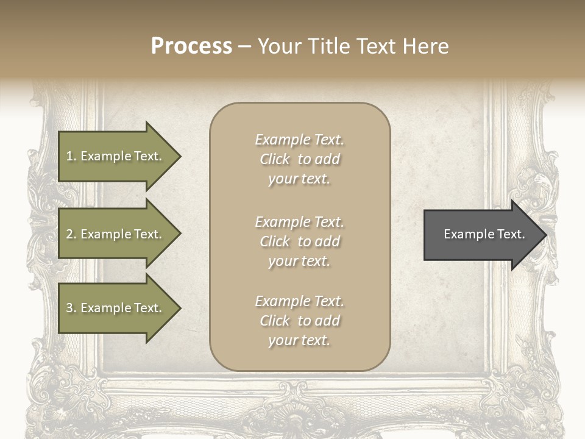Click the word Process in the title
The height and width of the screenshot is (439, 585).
tap(191, 46)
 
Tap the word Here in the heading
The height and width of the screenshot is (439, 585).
tap(425, 46)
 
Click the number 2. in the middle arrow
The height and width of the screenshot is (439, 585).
tap(71, 234)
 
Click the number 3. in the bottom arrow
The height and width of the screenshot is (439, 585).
tap(71, 308)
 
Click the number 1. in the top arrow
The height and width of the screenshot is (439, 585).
tap(71, 156)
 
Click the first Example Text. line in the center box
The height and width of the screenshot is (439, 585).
tap(299, 140)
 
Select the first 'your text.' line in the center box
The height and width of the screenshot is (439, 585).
tap(299, 179)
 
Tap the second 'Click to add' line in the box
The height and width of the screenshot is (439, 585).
tap(299, 241)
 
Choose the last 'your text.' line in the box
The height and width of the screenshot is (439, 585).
tap(299, 340)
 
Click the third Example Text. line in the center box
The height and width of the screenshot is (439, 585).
tap(299, 301)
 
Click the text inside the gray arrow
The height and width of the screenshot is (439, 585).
tap(484, 234)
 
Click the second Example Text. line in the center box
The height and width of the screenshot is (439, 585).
tap(299, 222)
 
